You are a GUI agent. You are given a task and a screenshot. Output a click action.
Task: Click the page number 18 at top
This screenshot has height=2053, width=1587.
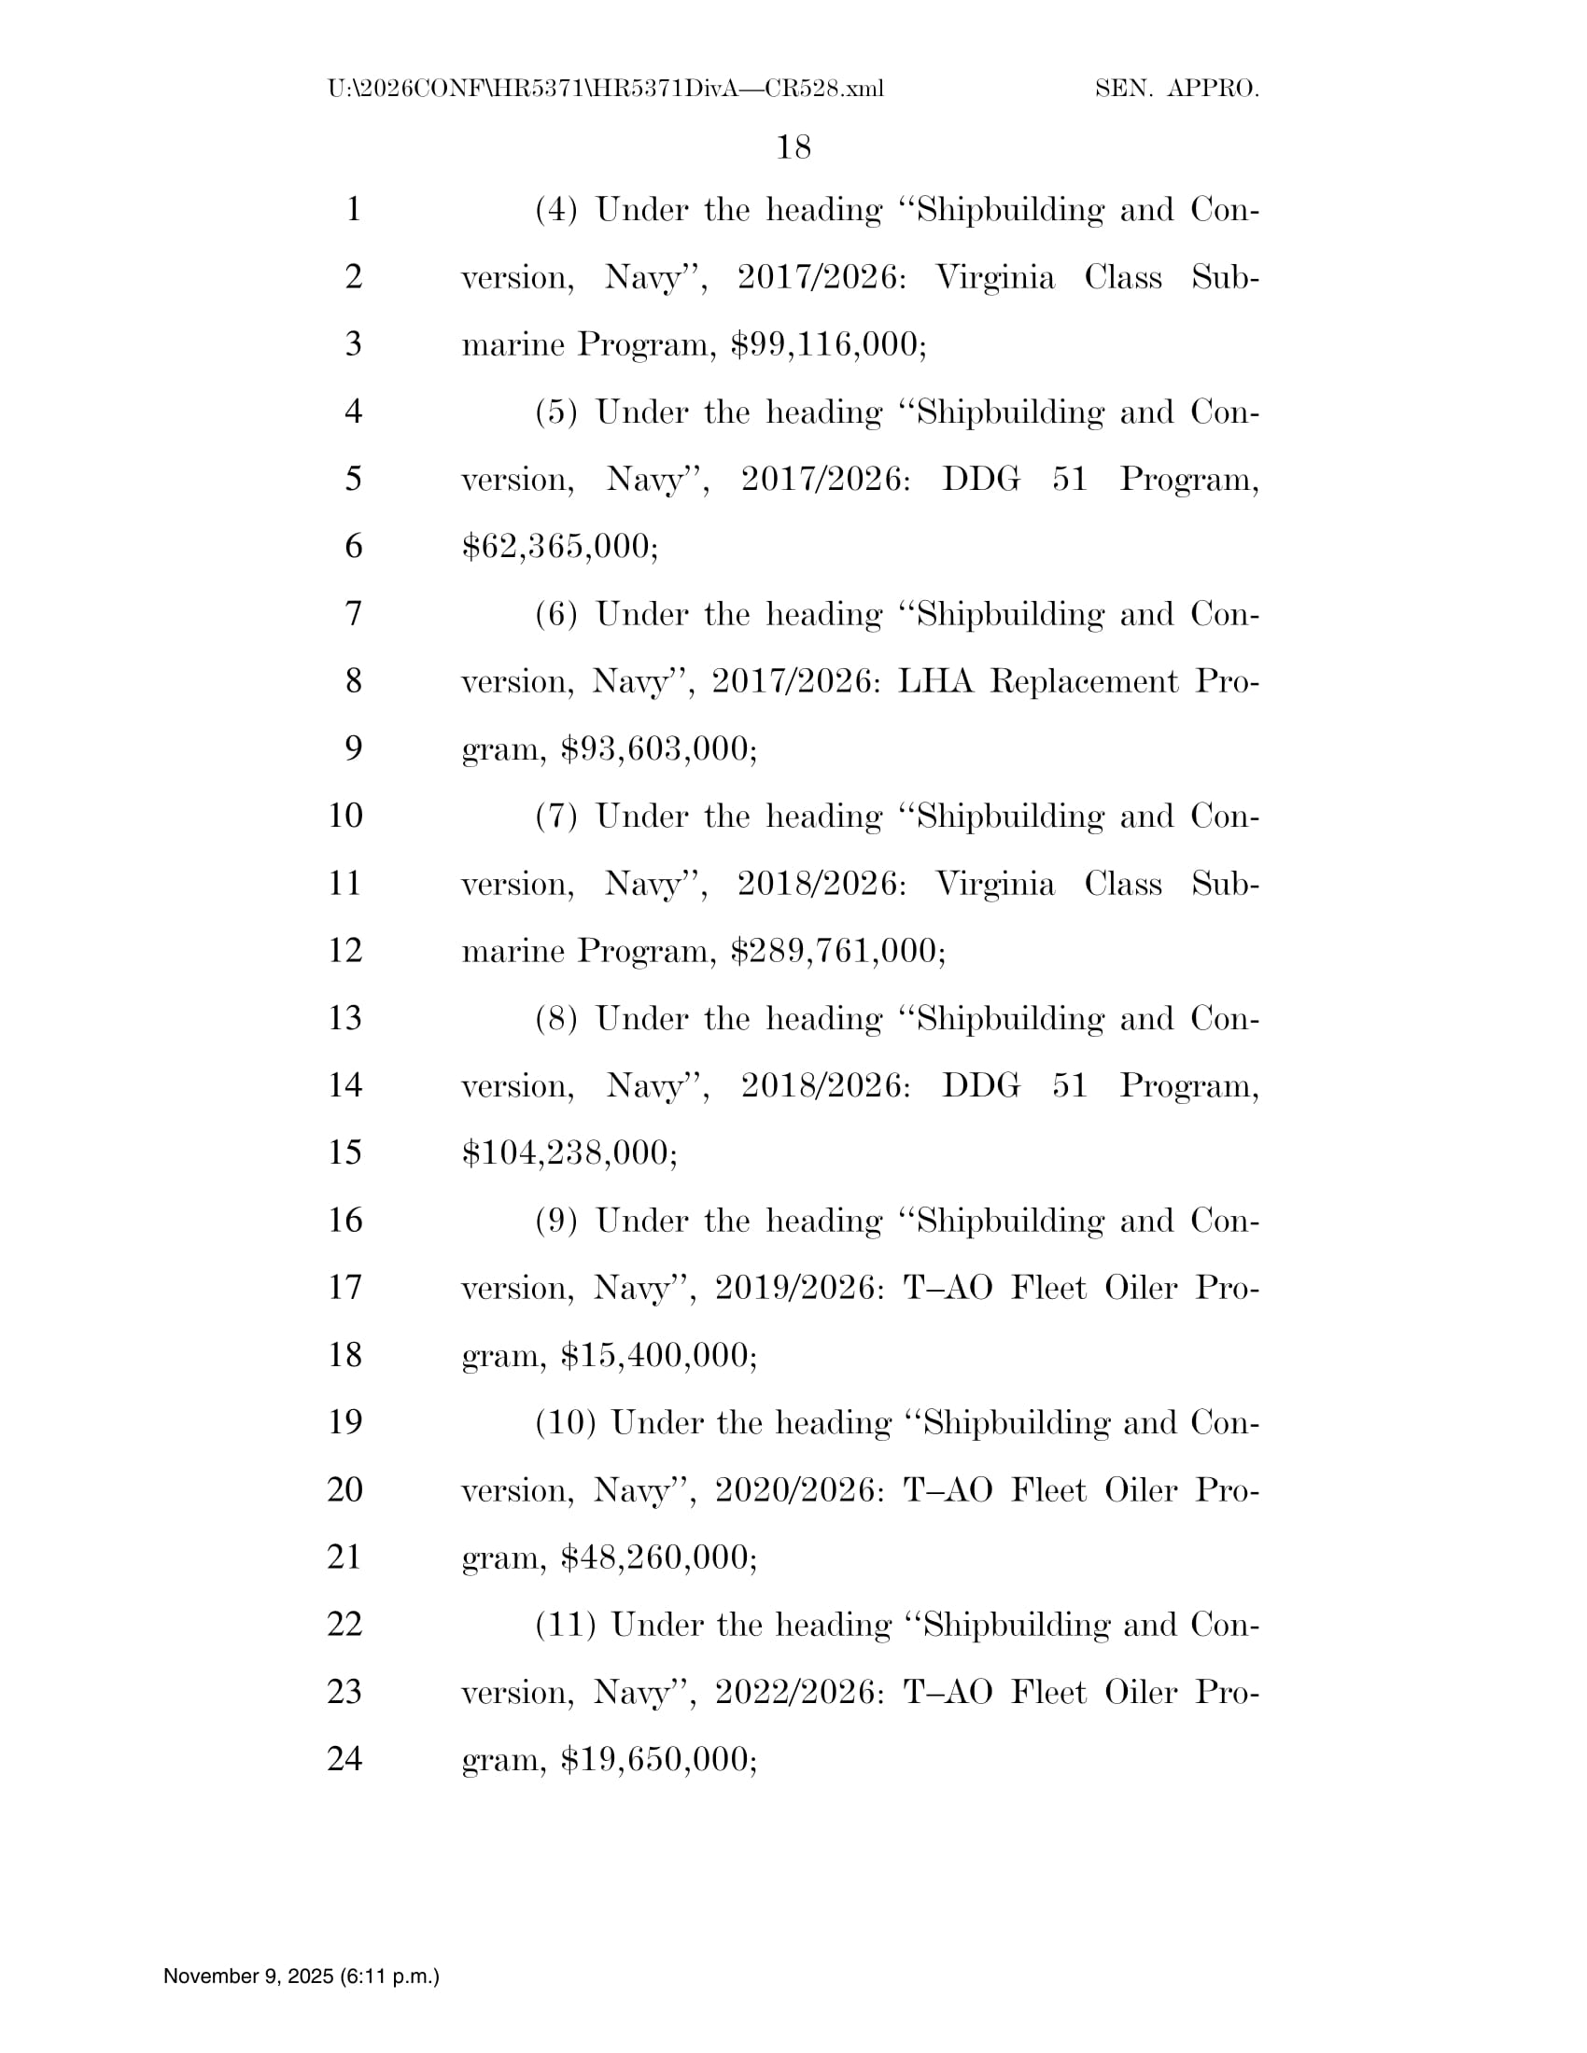[x=793, y=147]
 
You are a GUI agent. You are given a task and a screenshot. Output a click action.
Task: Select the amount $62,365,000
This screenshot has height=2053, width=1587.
[x=559, y=546]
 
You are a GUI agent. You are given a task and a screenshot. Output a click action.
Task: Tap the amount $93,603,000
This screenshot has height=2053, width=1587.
[x=657, y=748]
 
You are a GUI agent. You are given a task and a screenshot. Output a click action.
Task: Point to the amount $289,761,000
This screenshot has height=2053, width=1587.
[x=836, y=950]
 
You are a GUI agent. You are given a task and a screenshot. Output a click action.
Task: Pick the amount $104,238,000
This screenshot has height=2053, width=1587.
[x=568, y=1152]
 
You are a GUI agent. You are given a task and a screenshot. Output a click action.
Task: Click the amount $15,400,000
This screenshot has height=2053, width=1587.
[x=657, y=1355]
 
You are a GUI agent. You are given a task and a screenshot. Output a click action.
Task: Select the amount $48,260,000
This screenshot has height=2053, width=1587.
[x=657, y=1557]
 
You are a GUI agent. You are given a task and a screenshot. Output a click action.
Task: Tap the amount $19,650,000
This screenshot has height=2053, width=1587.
[x=657, y=1760]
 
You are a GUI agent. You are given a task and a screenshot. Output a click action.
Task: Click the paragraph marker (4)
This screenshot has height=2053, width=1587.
[x=555, y=210]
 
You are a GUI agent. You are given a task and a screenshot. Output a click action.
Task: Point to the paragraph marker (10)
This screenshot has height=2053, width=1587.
[x=565, y=1423]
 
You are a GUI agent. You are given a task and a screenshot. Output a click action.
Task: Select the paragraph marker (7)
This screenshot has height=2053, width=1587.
[x=555, y=816]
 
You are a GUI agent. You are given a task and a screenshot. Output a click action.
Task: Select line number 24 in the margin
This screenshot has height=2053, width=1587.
[x=345, y=1758]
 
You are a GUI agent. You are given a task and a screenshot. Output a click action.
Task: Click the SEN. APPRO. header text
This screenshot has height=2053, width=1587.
[x=1177, y=90]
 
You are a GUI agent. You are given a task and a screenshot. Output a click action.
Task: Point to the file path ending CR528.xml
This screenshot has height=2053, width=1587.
[x=606, y=90]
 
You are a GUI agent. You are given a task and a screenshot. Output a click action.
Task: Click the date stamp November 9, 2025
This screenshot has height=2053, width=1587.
[x=301, y=1976]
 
